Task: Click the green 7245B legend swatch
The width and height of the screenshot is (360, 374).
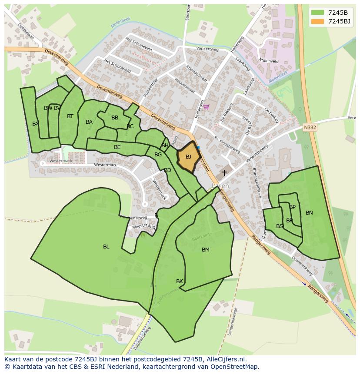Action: point(318,12)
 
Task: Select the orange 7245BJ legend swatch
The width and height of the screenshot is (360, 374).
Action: point(318,21)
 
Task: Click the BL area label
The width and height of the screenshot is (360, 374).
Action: point(106,247)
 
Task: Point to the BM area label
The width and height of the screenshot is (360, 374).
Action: point(206,250)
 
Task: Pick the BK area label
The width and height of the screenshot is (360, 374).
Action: point(180,281)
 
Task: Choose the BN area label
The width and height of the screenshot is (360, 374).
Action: point(309,213)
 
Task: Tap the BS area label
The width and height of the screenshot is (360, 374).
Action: point(280,226)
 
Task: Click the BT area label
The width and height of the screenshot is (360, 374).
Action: point(70,116)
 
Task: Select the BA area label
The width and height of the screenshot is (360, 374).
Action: point(89,122)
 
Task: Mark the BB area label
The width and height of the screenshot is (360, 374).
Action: point(115,118)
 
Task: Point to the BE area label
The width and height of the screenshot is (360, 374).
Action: point(117,147)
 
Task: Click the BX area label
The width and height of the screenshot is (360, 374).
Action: point(36,124)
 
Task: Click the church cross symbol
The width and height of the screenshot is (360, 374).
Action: point(224,173)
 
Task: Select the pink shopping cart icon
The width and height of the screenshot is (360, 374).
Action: point(206,107)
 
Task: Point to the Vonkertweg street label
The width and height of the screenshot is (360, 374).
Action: point(207,49)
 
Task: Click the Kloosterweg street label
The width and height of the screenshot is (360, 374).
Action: point(230,144)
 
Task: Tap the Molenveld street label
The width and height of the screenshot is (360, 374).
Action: point(269,61)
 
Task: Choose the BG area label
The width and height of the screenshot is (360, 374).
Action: point(158,155)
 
